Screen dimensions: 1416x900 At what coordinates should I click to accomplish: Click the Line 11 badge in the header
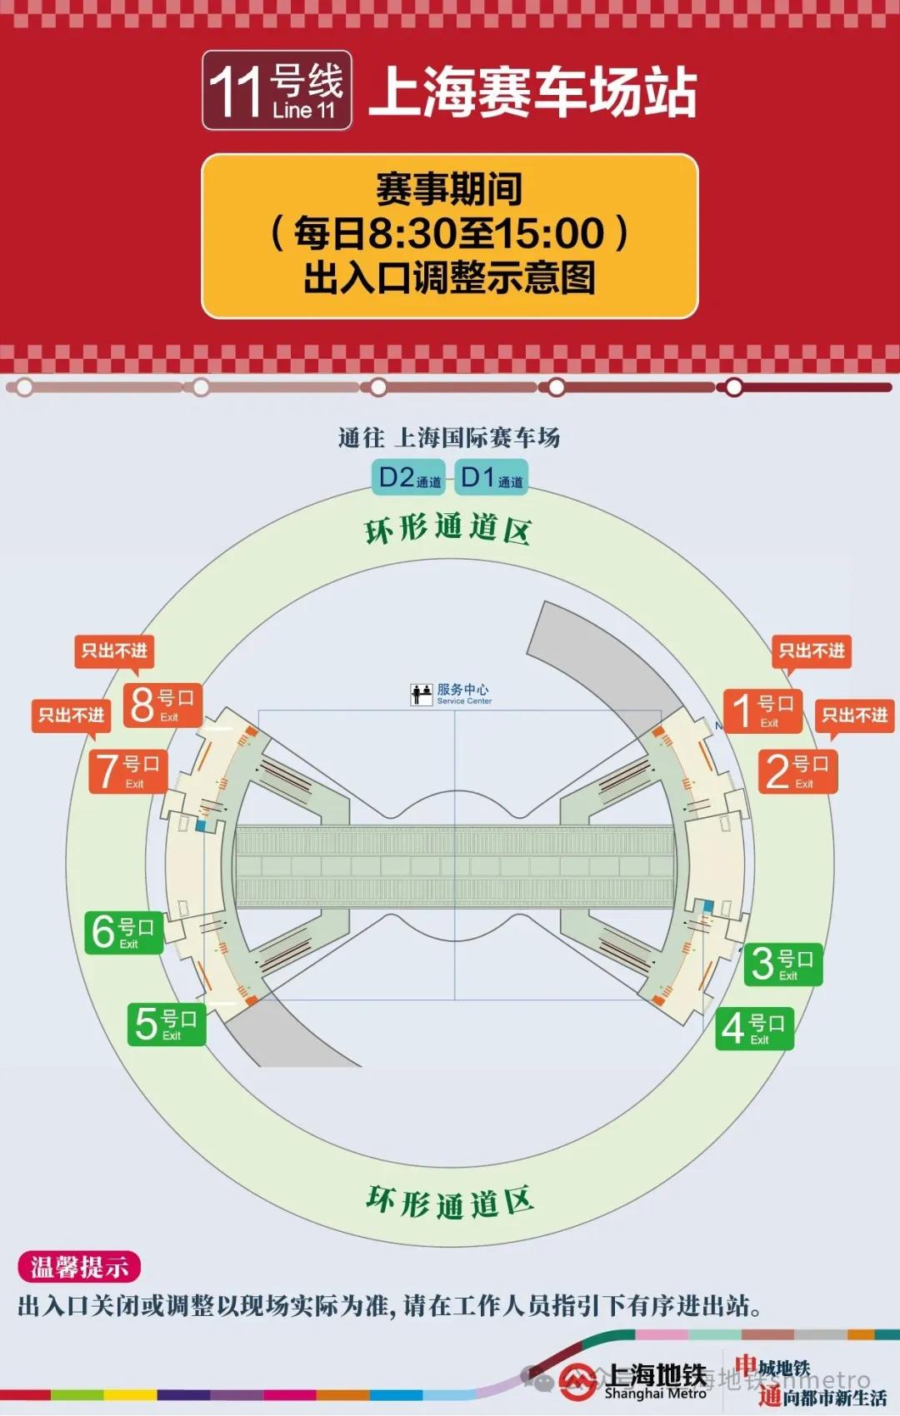point(277,90)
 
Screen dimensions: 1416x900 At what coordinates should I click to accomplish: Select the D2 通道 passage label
point(408,478)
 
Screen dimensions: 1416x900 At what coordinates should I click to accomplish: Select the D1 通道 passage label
point(492,478)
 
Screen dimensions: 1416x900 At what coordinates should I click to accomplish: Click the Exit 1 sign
point(762,710)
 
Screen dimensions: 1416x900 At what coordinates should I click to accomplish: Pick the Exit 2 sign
point(797,771)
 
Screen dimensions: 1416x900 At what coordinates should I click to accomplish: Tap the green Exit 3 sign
point(783,963)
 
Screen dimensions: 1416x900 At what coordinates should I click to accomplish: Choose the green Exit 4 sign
point(754,1028)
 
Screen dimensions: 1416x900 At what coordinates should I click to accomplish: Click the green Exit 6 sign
point(123,931)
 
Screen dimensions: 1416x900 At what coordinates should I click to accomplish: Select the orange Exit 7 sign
point(128,770)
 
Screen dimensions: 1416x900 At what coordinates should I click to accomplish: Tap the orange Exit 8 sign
point(162,705)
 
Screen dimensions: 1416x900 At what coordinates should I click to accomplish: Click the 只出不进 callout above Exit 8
point(114,651)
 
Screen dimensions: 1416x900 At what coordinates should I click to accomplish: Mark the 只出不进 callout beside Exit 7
point(72,715)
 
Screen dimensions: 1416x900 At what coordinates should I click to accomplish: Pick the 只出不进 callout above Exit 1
point(812,651)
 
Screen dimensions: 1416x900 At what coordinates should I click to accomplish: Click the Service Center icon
point(422,694)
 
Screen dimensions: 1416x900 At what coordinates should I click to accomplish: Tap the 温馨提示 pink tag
point(79,1267)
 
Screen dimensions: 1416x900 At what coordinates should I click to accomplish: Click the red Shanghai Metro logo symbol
point(577,1381)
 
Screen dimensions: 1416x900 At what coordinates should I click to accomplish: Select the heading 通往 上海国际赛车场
point(449,437)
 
